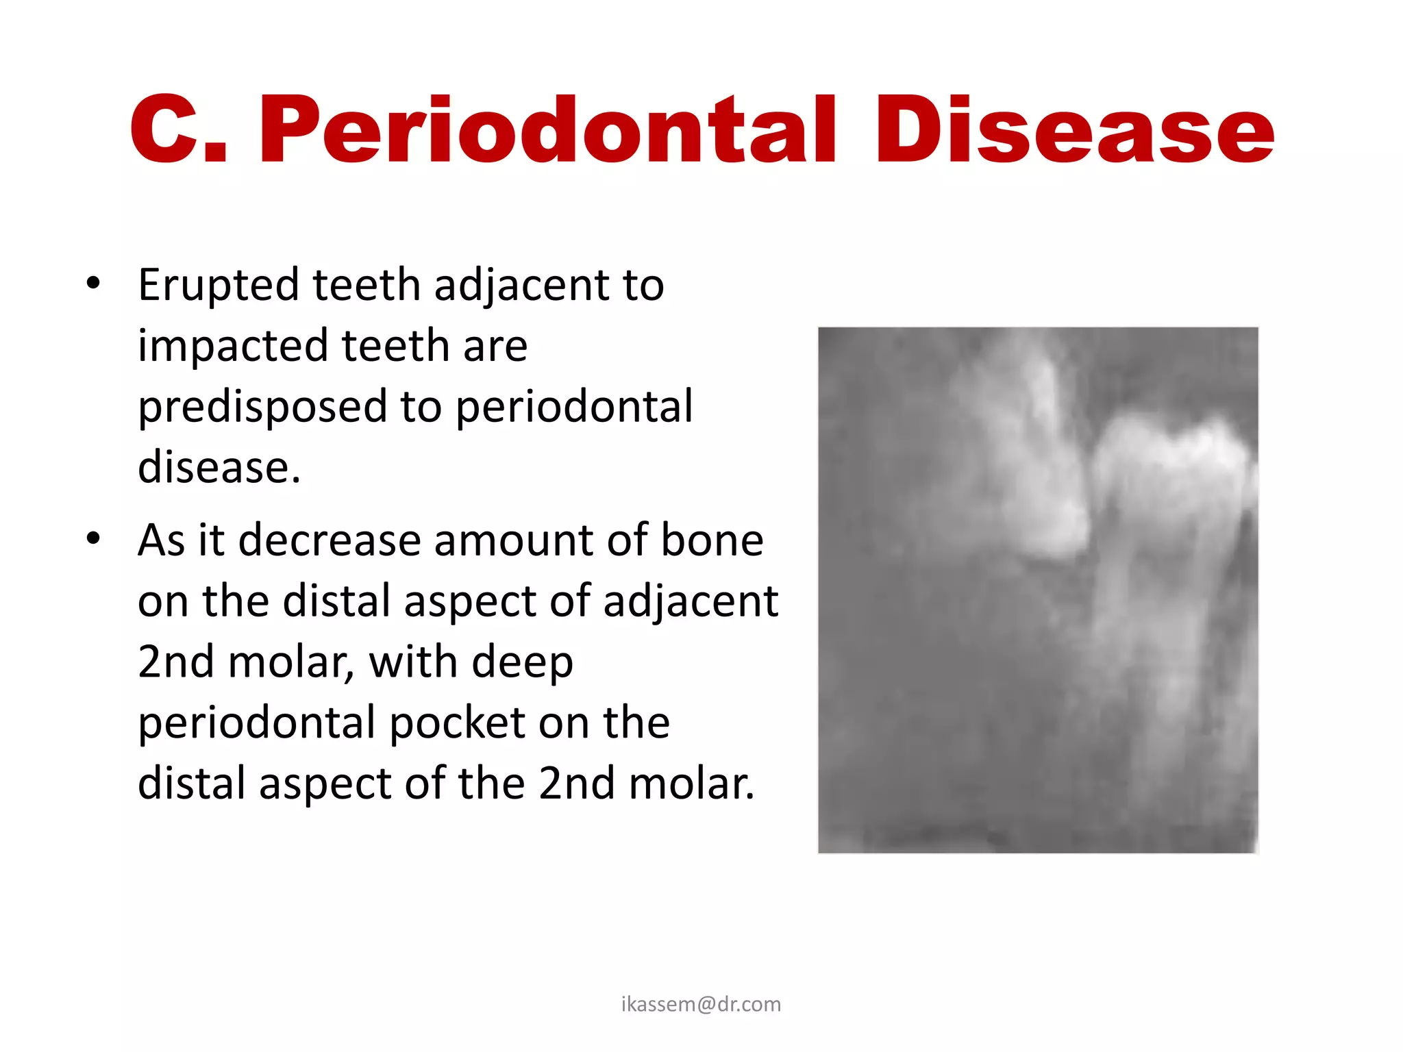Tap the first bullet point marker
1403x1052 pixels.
94,283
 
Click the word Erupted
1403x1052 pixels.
219,284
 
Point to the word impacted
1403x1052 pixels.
233,345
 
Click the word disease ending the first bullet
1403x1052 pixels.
219,467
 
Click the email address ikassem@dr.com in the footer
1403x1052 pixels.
701,1004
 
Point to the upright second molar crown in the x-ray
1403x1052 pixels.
1171,473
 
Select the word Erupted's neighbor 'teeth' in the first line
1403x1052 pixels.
367,284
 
